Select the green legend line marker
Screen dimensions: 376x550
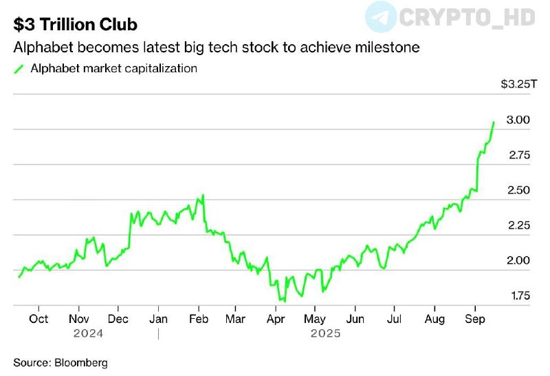click(x=19, y=69)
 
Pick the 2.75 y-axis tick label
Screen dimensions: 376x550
click(x=519, y=155)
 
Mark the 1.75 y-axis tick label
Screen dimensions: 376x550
click(x=519, y=296)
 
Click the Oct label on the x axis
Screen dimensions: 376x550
click(x=38, y=319)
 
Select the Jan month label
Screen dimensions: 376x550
click(x=159, y=319)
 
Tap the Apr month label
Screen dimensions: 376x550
click(x=276, y=319)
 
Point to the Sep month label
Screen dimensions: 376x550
click(x=474, y=319)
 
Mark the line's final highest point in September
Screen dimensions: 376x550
click(x=494, y=122)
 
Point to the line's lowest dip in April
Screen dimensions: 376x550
click(x=283, y=301)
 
